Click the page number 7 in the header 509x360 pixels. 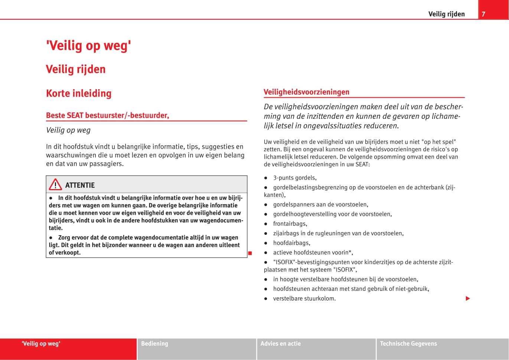483,14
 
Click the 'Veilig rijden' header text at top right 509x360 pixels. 446,14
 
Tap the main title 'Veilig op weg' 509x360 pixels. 88,46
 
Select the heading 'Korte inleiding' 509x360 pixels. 79,93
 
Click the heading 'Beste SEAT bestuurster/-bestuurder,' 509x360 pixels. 107,116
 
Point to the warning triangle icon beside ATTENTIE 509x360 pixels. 55,185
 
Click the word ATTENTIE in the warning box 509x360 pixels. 80,185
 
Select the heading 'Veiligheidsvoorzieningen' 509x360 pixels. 306,92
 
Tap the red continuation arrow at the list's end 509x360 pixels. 468,298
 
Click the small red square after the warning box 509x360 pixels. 250,253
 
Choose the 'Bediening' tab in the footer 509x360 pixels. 154,344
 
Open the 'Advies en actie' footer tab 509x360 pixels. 281,344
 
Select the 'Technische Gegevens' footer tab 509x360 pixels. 408,344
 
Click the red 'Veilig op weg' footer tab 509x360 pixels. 41,344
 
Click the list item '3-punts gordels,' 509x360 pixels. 295,178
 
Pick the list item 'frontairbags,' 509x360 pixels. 290,224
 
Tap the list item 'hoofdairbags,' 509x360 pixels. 291,243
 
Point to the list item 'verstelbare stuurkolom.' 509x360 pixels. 304,298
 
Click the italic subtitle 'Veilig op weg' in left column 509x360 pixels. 68,130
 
